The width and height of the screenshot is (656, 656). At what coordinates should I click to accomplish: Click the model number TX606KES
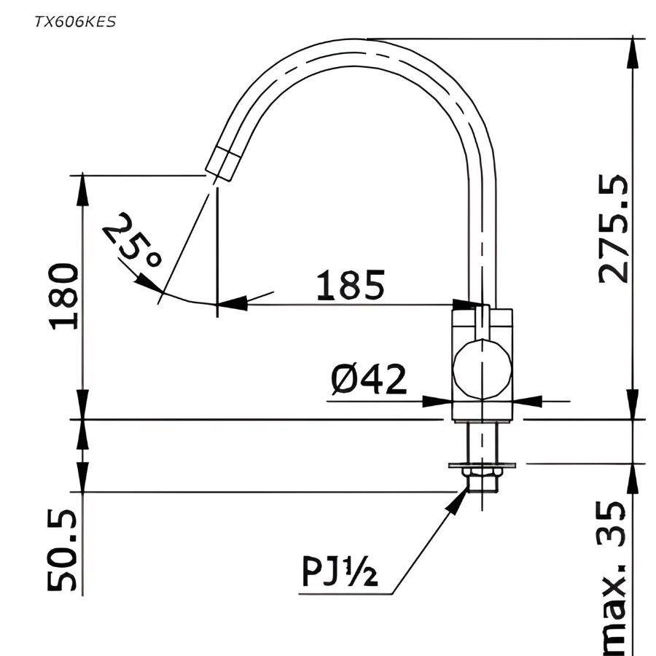tap(74, 21)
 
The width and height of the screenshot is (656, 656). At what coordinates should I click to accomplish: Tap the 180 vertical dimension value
tap(66, 297)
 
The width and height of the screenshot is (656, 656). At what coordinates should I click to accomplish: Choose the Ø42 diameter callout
tap(368, 380)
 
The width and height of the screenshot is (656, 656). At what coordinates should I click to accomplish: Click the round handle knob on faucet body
tap(481, 369)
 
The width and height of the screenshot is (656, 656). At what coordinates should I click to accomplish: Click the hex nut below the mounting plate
tap(481, 479)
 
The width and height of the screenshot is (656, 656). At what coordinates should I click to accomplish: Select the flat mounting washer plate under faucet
tap(483, 464)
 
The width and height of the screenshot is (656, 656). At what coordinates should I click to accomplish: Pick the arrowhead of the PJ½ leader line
tap(461, 497)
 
